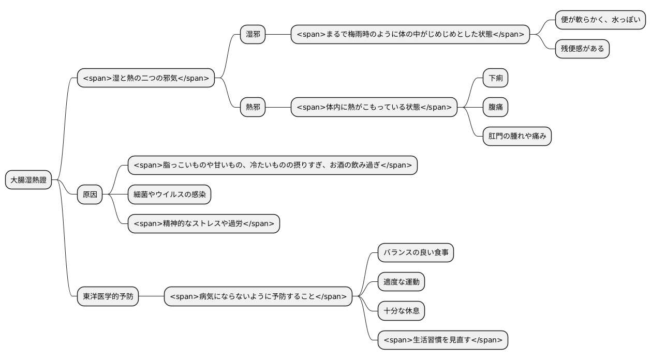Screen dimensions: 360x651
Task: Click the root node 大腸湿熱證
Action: (x=28, y=180)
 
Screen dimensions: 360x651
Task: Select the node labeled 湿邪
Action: (x=253, y=34)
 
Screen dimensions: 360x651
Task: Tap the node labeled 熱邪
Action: (x=253, y=107)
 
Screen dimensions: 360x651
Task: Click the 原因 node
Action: (x=90, y=195)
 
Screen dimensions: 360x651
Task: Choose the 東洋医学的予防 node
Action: (x=108, y=297)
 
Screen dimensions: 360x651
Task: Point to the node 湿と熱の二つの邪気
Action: (x=145, y=78)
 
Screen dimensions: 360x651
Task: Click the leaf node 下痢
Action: (x=495, y=78)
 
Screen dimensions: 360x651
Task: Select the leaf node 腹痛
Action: (x=495, y=107)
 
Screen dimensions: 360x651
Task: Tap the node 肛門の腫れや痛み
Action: (x=516, y=137)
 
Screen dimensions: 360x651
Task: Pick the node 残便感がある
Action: (x=582, y=49)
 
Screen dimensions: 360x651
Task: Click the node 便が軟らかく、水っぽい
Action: (x=600, y=20)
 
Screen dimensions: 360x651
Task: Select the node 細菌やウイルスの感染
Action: (x=169, y=194)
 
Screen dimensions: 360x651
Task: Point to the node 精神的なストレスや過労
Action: (x=203, y=224)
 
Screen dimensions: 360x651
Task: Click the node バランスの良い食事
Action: (x=416, y=253)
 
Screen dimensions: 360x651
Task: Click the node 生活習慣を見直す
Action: (x=442, y=340)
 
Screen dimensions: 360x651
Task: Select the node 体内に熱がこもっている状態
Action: (x=374, y=107)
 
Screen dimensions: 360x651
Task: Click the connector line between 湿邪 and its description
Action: (x=278, y=34)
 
